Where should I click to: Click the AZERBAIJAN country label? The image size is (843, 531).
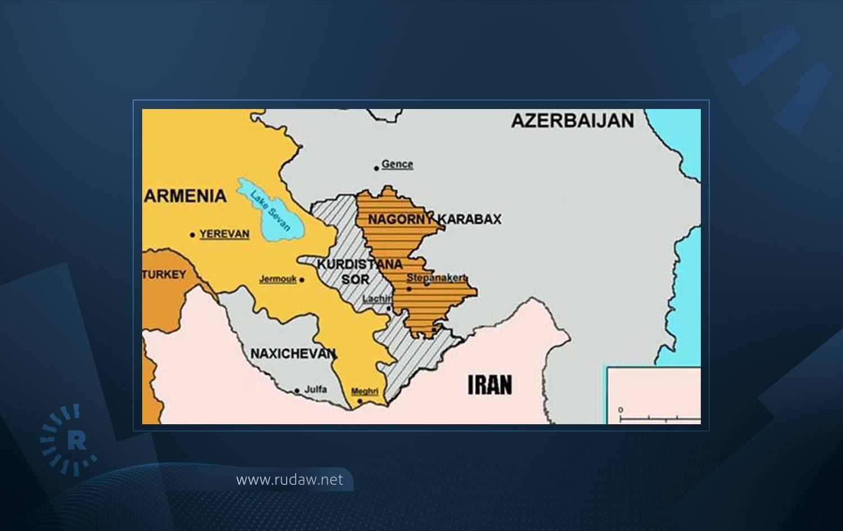572,120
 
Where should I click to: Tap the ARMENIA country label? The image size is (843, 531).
186,196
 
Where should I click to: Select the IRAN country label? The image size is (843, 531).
490,385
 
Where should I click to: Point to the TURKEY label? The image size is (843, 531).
164,274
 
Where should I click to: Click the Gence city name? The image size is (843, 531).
397,164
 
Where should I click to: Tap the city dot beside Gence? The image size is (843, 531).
377,168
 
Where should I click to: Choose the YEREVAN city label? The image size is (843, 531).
224,234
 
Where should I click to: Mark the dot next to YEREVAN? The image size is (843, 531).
193,235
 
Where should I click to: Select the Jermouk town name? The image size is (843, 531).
278,279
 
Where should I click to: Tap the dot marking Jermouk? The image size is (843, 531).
302,280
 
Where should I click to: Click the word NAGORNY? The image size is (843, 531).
400,220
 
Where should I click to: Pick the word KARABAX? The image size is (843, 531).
470,219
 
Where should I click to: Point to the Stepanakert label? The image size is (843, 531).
437,278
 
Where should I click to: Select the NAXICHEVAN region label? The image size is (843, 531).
293,353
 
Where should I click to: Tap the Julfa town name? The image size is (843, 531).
315,389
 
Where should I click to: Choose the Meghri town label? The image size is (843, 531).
364,391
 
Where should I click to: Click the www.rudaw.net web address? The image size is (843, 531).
289,480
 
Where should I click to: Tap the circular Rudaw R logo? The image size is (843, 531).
69,440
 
